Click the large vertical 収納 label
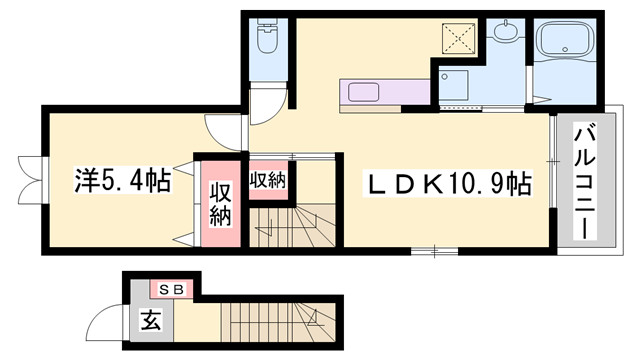220,203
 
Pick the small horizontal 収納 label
268,181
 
